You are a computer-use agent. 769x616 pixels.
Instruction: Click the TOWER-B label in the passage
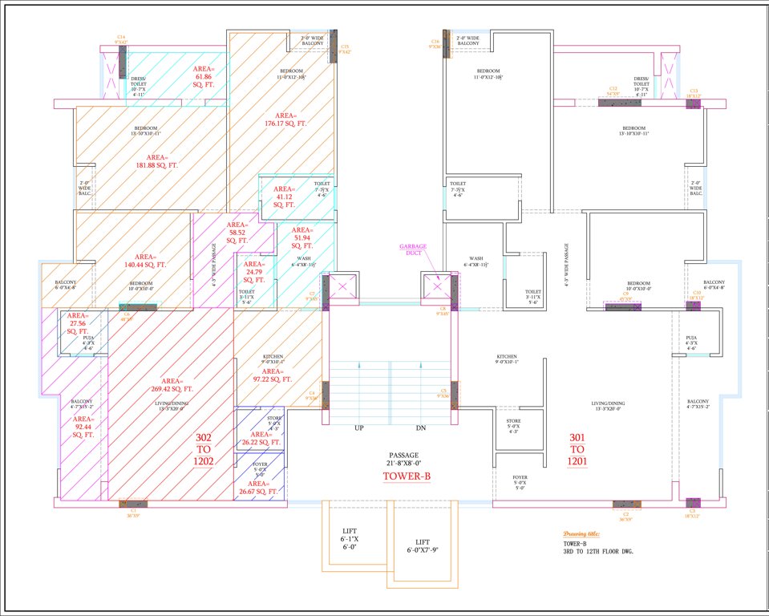point(406,476)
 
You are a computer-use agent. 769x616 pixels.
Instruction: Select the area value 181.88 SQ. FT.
point(157,161)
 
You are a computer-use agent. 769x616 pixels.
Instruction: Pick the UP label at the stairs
point(359,428)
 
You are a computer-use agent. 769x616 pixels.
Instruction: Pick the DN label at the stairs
point(421,428)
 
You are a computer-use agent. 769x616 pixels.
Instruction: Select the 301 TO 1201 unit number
point(577,449)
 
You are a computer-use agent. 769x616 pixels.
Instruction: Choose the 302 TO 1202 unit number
point(204,450)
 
